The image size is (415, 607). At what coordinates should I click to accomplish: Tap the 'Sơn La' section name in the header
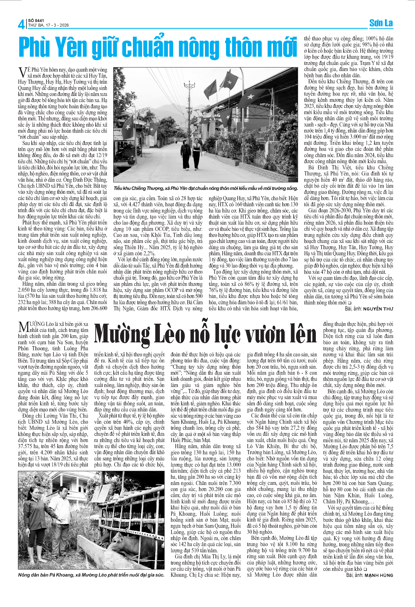coord(381,23)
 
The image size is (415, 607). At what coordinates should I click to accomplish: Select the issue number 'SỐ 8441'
coord(36,20)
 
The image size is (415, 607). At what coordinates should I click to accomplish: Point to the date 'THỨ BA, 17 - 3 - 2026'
coord(49,25)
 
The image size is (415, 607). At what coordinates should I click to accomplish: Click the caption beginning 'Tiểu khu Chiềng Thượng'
coord(205,188)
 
